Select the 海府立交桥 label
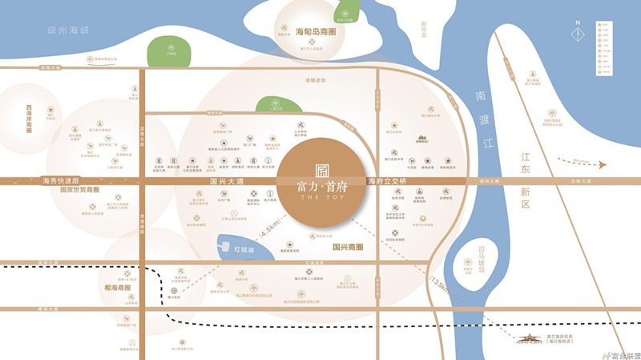388,182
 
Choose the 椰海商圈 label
121,286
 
